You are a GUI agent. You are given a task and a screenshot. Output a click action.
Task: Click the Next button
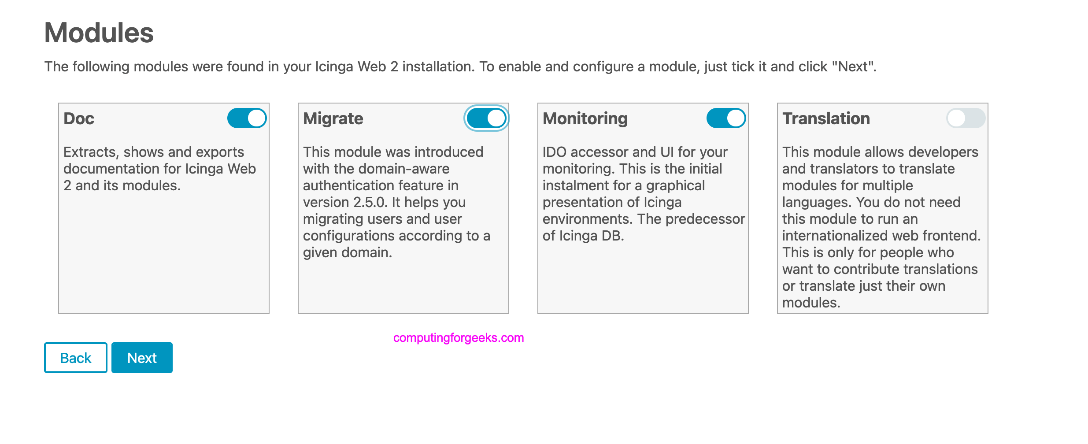pos(142,358)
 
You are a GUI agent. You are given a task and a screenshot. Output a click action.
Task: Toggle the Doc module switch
pos(247,118)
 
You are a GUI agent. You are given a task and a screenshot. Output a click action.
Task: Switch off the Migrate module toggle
pos(487,118)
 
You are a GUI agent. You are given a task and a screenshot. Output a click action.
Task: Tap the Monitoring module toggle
pos(726,118)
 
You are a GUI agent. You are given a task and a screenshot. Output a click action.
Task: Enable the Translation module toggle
pos(966,118)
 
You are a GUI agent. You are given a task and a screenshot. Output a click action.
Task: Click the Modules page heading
pos(99,33)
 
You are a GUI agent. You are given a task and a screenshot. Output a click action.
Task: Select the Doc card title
pos(79,118)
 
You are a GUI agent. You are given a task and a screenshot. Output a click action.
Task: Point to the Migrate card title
pos(333,118)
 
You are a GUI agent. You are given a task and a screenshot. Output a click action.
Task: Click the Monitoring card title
pos(585,118)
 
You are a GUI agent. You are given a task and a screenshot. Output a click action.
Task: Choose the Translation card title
pos(826,118)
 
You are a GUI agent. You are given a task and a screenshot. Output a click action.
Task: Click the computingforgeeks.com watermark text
pos(459,338)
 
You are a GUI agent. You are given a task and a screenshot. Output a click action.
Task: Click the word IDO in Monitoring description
pos(555,152)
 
